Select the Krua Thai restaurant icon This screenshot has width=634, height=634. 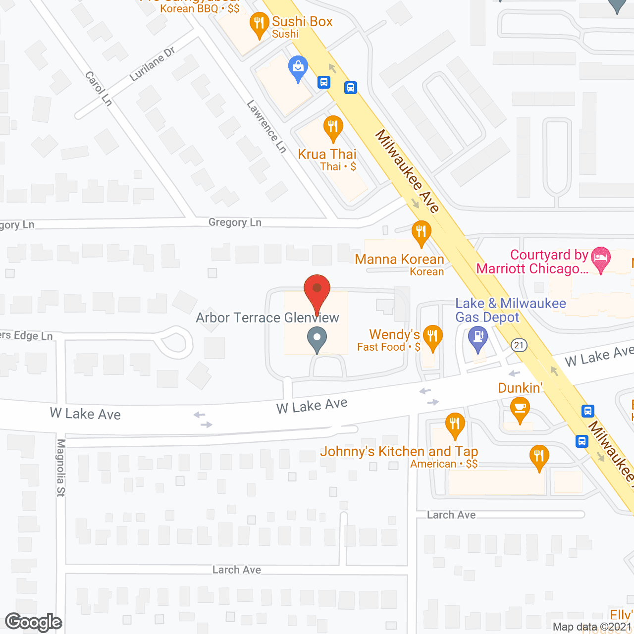tap(333, 128)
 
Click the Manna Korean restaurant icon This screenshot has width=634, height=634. tap(421, 233)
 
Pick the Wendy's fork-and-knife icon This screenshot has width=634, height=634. tap(432, 337)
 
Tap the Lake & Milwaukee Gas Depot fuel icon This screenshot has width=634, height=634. tap(478, 339)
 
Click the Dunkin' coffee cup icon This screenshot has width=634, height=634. tap(520, 409)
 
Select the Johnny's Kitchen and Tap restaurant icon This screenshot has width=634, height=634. tap(455, 425)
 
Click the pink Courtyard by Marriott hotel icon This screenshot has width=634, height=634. tap(600, 260)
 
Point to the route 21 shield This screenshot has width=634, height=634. tap(519, 345)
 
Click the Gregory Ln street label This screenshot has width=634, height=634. tap(235, 222)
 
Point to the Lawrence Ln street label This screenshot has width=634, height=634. tap(266, 126)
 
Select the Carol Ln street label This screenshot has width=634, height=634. tap(99, 89)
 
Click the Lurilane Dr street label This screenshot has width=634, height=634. tap(152, 64)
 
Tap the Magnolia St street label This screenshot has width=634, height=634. tap(60, 467)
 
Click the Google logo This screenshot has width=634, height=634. tap(34, 623)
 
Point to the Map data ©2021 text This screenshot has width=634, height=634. tap(592, 627)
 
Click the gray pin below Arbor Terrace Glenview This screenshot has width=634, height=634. tap(317, 340)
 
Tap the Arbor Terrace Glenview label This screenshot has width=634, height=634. tap(267, 317)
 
